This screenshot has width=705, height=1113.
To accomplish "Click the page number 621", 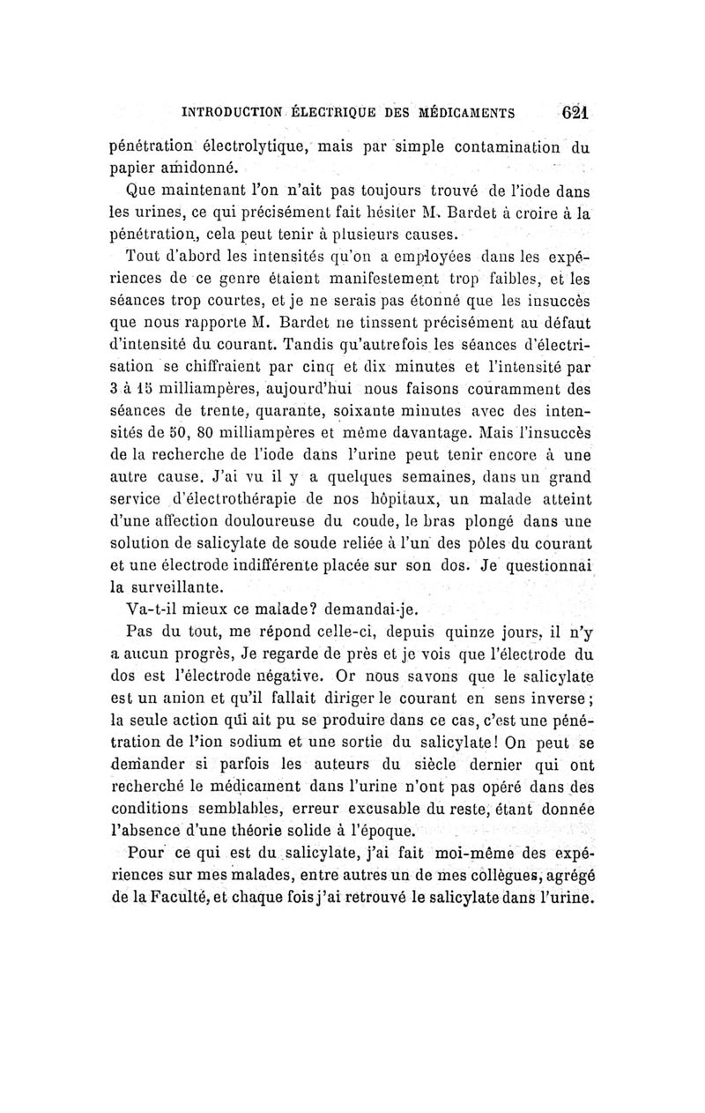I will tap(575, 113).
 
